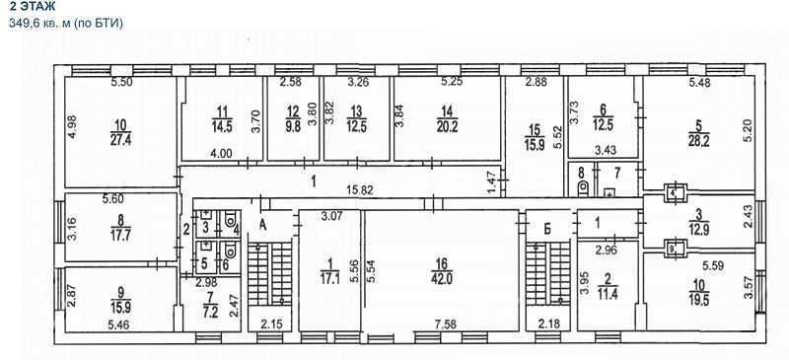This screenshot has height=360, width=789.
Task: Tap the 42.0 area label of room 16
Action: coord(442,279)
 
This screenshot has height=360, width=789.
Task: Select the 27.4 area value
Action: coord(120,140)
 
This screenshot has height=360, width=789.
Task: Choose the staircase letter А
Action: coord(262,225)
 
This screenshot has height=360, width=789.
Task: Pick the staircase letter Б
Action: coord(547,228)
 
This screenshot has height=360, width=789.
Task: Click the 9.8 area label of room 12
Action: coord(292,127)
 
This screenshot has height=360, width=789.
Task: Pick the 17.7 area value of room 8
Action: coord(120,235)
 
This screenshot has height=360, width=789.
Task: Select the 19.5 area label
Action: coord(699,298)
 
